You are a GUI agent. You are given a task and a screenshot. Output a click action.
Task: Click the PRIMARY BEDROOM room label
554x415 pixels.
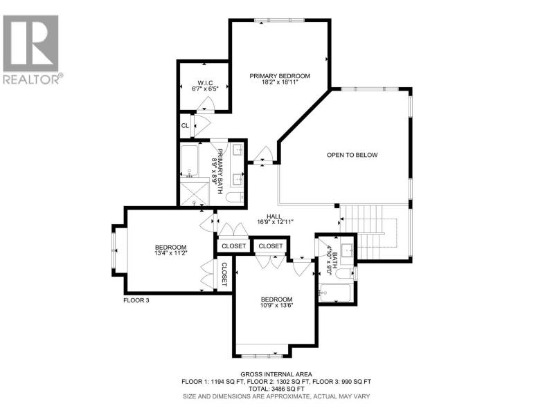click(x=280, y=76)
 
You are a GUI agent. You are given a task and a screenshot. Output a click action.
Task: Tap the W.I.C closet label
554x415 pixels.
click(x=205, y=83)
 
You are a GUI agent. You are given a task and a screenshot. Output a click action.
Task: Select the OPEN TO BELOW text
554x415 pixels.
click(x=352, y=155)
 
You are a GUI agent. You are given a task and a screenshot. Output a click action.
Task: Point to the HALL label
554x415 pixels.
click(x=274, y=216)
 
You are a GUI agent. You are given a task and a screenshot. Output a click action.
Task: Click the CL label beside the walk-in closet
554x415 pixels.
click(x=185, y=126)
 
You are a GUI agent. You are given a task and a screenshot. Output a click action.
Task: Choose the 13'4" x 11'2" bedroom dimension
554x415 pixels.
click(x=170, y=253)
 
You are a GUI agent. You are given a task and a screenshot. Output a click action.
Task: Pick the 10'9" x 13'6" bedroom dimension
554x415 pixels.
click(x=276, y=306)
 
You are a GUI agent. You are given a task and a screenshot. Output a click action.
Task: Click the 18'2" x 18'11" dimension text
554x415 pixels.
click(x=280, y=82)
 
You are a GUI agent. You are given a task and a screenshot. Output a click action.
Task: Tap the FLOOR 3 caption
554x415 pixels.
click(x=136, y=300)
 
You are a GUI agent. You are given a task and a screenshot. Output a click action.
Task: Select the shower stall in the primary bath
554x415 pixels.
click(x=194, y=194)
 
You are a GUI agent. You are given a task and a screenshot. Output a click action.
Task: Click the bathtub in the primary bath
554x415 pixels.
click(x=190, y=161)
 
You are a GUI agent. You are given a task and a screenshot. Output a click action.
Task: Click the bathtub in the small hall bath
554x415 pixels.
click(x=335, y=293)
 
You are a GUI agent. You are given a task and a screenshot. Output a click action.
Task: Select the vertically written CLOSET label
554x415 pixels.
click(x=224, y=274)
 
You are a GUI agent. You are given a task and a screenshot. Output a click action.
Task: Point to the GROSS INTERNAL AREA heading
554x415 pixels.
click(x=276, y=374)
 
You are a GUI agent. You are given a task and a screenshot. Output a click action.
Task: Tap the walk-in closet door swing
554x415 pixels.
click(x=205, y=105)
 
